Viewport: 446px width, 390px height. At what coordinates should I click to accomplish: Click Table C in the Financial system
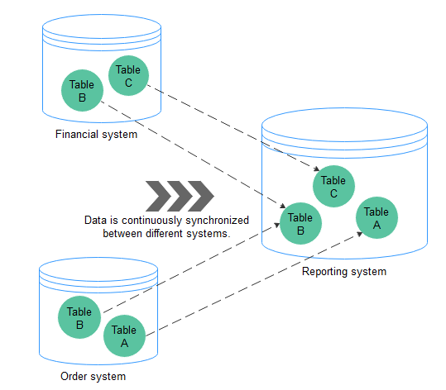(128, 75)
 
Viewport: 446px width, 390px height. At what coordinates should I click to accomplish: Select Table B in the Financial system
(82, 90)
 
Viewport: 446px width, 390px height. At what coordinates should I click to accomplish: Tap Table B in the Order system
(79, 317)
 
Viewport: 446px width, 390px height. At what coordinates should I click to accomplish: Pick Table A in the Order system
(124, 335)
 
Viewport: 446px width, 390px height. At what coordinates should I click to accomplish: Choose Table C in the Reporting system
(333, 187)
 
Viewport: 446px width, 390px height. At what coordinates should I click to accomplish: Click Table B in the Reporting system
(300, 224)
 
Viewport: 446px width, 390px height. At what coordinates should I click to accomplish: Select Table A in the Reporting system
(376, 218)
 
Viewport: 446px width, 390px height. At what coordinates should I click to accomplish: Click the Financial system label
(96, 135)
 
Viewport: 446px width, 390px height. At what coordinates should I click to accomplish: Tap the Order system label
(93, 376)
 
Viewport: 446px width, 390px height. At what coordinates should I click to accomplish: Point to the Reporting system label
(344, 272)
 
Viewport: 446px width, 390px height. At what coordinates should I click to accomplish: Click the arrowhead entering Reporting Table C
(317, 169)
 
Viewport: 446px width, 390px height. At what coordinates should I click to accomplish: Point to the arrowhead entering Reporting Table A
(359, 234)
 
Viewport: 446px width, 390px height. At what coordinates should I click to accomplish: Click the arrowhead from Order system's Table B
(276, 225)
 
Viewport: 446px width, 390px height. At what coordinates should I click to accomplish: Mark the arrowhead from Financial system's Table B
(282, 206)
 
